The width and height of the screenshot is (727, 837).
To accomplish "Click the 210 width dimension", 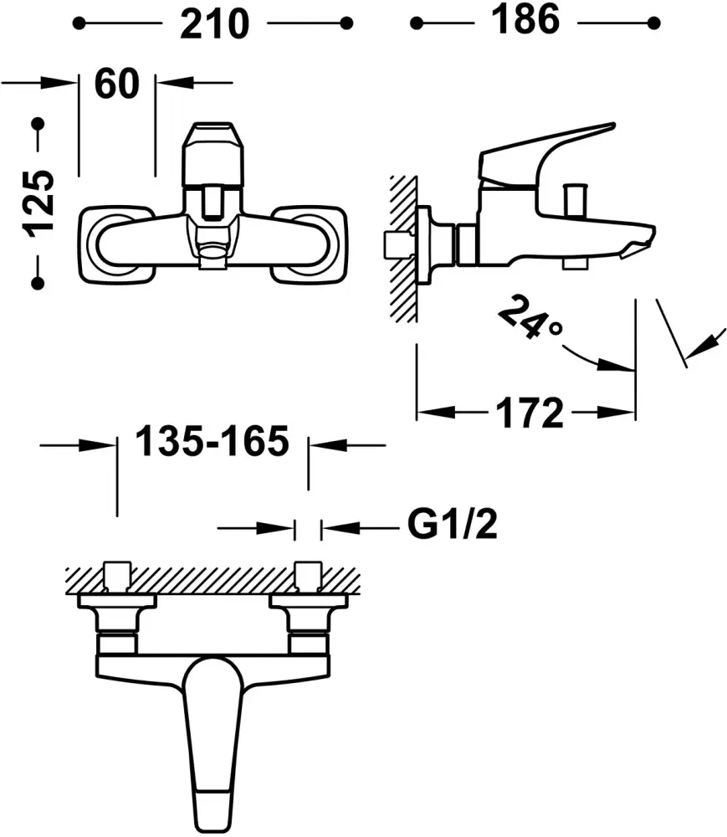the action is click(214, 24).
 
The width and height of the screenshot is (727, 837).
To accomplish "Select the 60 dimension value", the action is click(117, 83).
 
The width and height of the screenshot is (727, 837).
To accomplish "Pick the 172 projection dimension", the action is click(529, 413).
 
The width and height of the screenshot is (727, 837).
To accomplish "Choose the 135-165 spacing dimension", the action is click(212, 441).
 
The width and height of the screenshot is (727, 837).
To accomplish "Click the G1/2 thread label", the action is click(453, 524).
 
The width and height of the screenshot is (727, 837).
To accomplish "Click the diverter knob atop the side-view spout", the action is click(576, 200).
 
